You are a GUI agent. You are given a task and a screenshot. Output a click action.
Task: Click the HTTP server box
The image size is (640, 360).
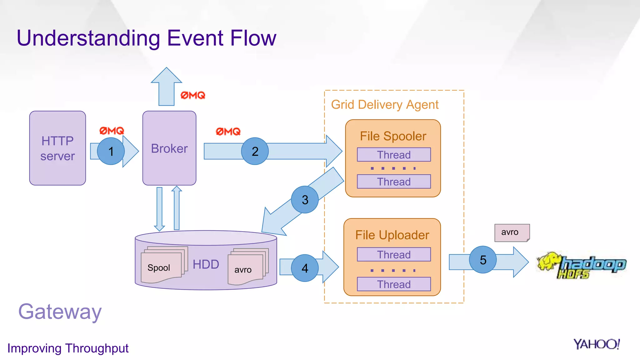pos(57,148)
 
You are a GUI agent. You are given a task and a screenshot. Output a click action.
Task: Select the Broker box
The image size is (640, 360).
pos(169,148)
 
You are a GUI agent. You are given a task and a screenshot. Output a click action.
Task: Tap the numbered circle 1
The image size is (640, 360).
pos(111,151)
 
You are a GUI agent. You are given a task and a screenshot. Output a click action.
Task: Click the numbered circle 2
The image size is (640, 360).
pos(255,151)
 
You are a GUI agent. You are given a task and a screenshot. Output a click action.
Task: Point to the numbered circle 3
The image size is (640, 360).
pos(305,200)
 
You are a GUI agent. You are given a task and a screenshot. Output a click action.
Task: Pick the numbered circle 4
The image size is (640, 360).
pos(305,268)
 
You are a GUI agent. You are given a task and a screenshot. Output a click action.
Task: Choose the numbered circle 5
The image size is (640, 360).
pos(483,260)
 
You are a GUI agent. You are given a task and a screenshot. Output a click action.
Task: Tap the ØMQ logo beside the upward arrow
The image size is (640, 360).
pos(193,95)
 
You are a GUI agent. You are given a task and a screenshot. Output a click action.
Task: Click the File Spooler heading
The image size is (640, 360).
pos(393,136)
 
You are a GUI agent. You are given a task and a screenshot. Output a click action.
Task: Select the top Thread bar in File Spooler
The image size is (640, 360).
pos(394,155)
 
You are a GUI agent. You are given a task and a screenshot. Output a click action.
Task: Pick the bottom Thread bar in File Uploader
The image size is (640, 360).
pos(394,284)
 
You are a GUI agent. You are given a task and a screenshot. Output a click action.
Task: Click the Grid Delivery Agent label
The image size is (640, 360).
pos(385,105)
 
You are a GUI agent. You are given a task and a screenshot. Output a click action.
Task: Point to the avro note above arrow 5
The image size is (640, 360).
pos(511,232)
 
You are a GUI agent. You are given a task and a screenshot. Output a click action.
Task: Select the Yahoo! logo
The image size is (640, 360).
pos(596,344)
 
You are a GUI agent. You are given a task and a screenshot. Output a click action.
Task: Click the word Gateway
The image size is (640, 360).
pos(60,312)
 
